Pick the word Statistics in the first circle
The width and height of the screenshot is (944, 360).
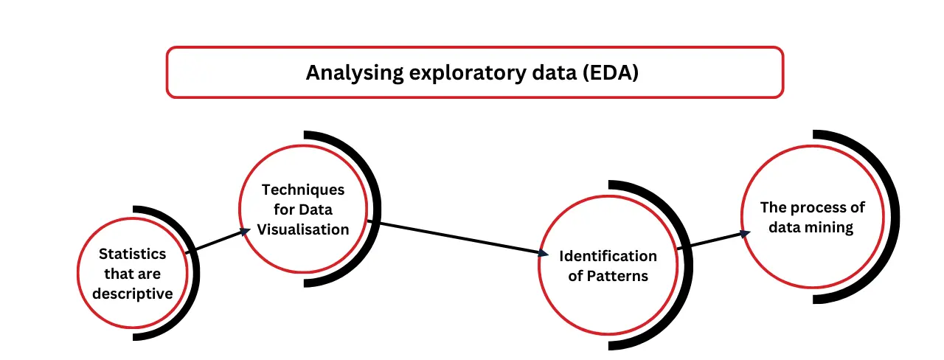133,254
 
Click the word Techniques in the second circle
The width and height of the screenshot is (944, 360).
303,190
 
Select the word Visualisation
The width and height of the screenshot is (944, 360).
303,229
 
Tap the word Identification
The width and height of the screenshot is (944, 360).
608,256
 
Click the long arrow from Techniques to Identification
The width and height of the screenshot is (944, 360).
457,238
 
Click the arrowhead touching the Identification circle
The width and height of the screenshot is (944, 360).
544,253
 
